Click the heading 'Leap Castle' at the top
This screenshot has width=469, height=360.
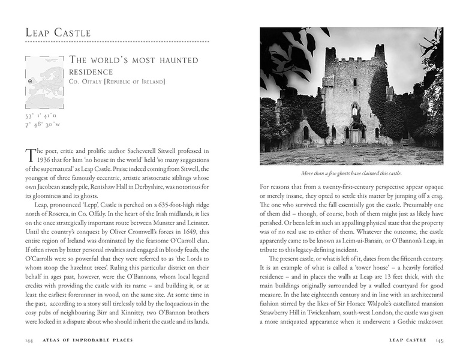pyautogui.click(x=58, y=32)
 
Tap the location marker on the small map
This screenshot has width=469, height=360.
pyautogui.click(x=31, y=80)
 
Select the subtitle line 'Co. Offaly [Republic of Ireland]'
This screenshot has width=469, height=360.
pyautogui.click(x=117, y=82)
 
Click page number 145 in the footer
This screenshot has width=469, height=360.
pyautogui.click(x=439, y=340)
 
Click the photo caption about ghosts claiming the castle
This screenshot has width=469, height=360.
pyautogui.click(x=351, y=173)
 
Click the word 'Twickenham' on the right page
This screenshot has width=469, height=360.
pyautogui.click(x=332, y=313)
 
